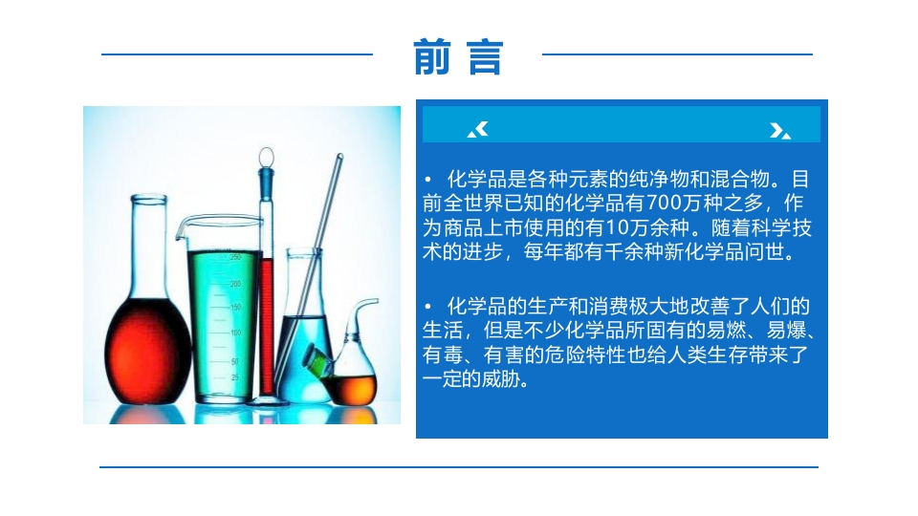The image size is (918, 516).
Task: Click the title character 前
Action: (x=432, y=56)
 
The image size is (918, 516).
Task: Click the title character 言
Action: (x=485, y=57)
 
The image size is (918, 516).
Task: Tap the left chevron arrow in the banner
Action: (x=478, y=129)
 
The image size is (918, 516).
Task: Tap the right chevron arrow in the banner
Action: (x=780, y=131)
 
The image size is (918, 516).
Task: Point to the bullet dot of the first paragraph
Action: (x=428, y=179)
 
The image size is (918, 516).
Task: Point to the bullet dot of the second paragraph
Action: (x=428, y=306)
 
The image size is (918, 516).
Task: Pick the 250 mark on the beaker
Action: (x=235, y=257)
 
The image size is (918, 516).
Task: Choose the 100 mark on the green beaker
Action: (x=236, y=333)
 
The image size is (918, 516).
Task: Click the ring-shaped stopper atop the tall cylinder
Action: (x=267, y=156)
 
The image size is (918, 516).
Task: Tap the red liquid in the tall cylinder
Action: (x=267, y=327)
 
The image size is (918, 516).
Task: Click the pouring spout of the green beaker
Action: (x=181, y=229)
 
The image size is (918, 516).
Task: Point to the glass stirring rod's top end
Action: (x=339, y=156)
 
